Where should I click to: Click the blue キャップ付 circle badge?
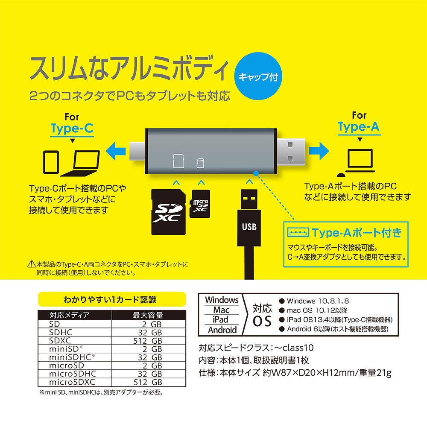(258, 76)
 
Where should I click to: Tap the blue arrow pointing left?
(115, 151)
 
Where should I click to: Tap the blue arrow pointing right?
(319, 151)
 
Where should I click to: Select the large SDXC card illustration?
(169, 212)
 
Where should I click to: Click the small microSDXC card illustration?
(200, 204)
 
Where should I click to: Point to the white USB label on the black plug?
(249, 227)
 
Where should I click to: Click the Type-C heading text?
(72, 129)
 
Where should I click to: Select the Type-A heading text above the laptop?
(359, 127)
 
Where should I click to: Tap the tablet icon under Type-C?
(51, 162)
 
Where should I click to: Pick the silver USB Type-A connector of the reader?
(291, 152)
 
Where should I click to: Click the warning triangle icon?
(32, 263)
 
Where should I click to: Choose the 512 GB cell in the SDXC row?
(147, 341)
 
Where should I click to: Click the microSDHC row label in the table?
(73, 374)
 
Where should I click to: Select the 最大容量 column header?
(148, 315)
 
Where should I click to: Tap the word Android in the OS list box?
(222, 330)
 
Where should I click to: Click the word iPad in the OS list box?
(220, 319)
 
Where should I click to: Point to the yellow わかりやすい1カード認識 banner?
(112, 299)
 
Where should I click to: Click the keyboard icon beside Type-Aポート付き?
(298, 233)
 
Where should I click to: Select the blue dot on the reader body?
(256, 173)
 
